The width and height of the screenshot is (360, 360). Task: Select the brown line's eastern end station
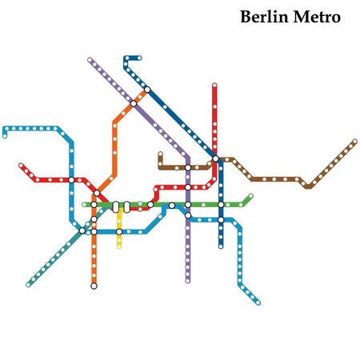click(x=354, y=142)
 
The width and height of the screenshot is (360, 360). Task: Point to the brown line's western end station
click(x=160, y=154)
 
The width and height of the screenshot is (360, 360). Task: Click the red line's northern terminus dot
click(x=214, y=85)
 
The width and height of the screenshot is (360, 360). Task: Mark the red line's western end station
click(x=21, y=166)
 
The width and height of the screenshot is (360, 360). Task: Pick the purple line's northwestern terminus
click(x=90, y=59)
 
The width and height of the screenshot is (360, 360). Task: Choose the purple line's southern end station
click(x=188, y=280)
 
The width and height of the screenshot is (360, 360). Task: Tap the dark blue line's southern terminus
click(x=221, y=246)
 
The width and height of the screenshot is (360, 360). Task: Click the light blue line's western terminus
click(x=5, y=135)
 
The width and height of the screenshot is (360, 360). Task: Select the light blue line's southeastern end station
click(x=258, y=303)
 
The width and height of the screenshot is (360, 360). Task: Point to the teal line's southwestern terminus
click(x=28, y=285)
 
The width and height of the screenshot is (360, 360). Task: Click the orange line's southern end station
click(x=94, y=286)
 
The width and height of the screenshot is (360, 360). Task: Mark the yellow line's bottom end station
click(x=119, y=246)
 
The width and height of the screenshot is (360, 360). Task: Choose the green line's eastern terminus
click(x=250, y=196)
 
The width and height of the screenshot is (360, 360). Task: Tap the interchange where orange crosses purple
click(x=134, y=103)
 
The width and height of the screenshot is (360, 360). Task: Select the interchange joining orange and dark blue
click(x=147, y=90)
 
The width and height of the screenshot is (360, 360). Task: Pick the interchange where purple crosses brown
click(x=188, y=167)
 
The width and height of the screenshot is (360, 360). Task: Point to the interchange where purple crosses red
click(x=188, y=187)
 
